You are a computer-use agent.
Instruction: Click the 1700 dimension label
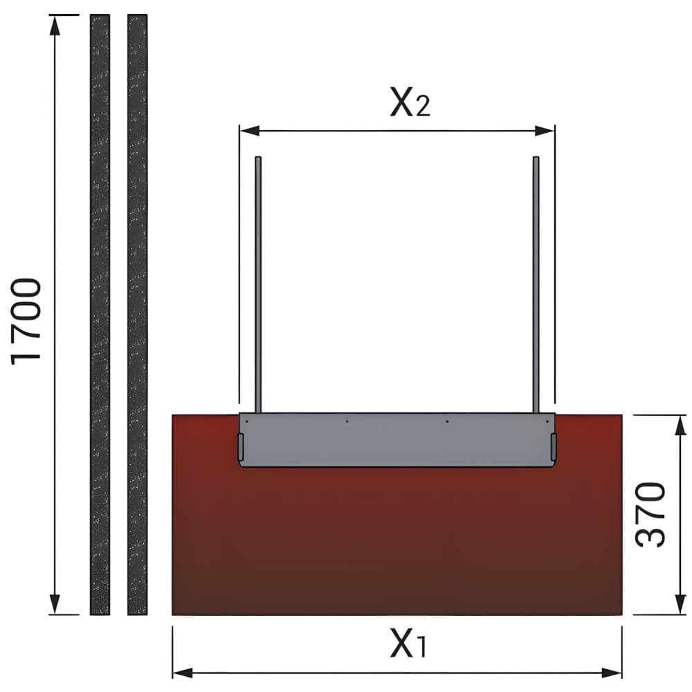(x=26, y=321)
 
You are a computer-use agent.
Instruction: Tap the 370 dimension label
(x=650, y=515)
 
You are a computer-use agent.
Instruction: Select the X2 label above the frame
(x=410, y=102)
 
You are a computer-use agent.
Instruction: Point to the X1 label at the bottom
(x=409, y=643)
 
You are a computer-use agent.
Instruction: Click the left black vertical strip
(x=100, y=314)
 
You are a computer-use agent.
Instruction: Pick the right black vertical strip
(x=137, y=314)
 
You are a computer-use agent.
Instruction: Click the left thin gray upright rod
(x=259, y=284)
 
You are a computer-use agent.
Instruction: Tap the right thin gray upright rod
(x=536, y=284)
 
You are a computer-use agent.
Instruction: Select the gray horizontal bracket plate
(x=397, y=440)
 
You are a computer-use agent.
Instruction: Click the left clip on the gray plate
(x=241, y=446)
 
